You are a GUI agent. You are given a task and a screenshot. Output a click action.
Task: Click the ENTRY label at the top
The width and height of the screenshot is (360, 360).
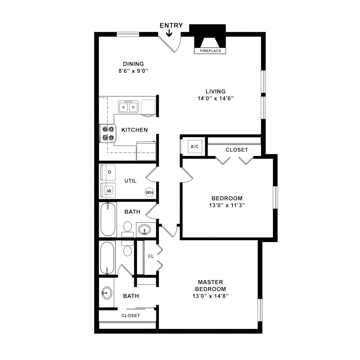(171, 25)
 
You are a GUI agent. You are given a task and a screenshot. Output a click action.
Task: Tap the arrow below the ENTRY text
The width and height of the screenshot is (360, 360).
(169, 33)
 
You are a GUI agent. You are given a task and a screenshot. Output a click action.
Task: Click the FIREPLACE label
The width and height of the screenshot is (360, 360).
(210, 51)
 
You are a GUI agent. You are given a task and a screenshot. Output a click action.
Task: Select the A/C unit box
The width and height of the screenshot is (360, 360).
(195, 146)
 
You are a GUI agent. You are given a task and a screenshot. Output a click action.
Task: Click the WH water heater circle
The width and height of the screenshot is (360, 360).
(149, 192)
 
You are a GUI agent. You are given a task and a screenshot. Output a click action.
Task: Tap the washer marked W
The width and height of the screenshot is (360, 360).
(109, 190)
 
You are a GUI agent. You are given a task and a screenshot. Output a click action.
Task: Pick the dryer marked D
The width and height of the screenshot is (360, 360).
(109, 172)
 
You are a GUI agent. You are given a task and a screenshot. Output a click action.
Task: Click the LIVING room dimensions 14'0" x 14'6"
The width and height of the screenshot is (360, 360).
(215, 98)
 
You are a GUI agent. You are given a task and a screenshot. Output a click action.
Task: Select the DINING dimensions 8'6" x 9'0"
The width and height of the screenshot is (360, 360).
(133, 71)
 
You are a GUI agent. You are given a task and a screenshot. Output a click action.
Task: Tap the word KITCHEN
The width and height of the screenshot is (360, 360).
(134, 130)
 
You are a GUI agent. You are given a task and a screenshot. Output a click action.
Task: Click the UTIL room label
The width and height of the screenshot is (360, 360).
(130, 181)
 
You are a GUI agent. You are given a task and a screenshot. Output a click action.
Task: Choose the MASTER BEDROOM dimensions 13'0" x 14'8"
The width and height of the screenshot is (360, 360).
(211, 296)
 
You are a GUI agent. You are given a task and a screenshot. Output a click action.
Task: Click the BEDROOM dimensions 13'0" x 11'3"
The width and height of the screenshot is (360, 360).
(227, 205)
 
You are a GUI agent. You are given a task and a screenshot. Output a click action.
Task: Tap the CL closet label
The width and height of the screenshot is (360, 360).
(151, 256)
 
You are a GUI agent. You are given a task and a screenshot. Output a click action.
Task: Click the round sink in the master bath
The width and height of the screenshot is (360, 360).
(107, 292)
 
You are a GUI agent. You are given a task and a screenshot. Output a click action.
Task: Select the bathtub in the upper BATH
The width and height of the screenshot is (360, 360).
(108, 220)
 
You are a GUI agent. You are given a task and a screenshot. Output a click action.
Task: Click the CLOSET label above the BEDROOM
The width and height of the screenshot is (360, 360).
(237, 150)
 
